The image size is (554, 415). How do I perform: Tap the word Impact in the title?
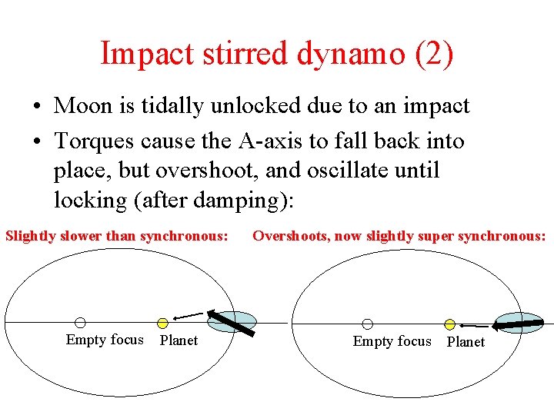click(145, 53)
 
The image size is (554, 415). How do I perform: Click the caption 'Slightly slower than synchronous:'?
click(117, 235)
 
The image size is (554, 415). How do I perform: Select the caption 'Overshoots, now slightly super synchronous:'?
click(399, 235)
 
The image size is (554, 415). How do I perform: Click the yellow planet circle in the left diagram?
click(162, 324)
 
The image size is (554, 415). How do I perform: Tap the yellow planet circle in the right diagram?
click(450, 324)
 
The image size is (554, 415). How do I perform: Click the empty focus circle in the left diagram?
click(80, 324)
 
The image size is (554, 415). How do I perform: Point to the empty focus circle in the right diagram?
click(368, 324)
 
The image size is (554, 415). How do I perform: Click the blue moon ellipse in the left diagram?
click(233, 321)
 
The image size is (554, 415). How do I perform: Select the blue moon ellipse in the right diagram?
click(518, 324)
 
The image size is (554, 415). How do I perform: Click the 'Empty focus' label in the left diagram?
click(105, 340)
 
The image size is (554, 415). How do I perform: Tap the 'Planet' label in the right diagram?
click(466, 342)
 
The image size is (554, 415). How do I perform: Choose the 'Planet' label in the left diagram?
click(179, 340)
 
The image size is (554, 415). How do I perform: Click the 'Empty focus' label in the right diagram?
click(392, 341)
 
